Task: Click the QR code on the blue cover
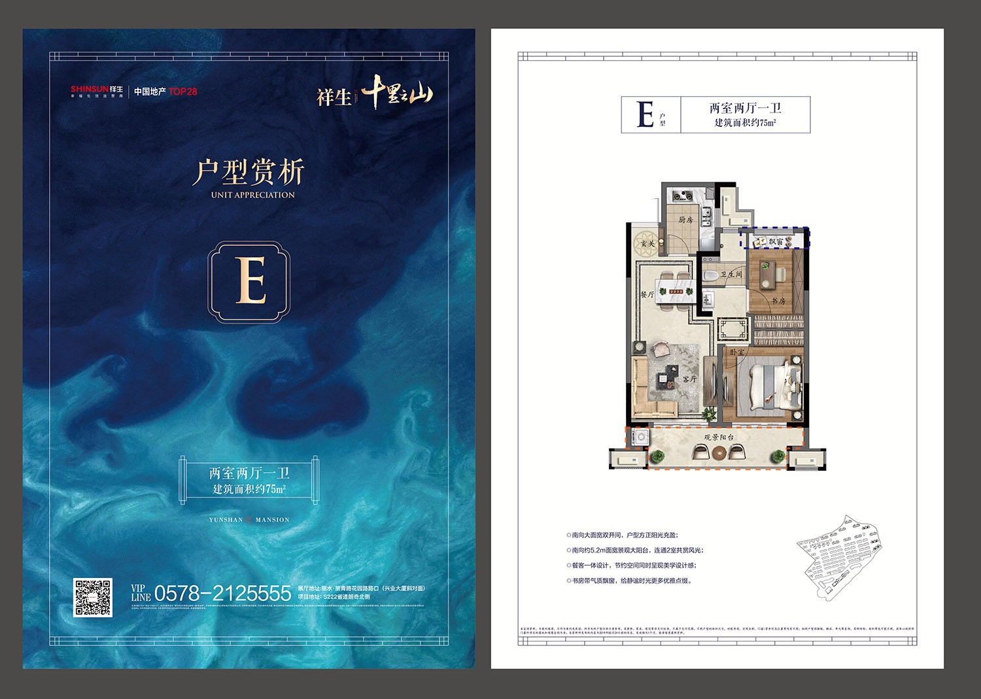point(92,597)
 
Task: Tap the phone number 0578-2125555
point(222,594)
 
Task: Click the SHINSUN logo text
point(90,89)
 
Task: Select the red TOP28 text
point(182,92)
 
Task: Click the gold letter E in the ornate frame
point(249,281)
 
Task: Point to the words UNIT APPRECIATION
point(252,195)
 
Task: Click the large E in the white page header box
point(645,114)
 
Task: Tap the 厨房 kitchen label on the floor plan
point(685,220)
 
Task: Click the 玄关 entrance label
point(647,244)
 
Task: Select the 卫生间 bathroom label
point(731,275)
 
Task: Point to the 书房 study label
point(778,301)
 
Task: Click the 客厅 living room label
point(689,379)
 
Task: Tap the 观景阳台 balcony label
point(718,437)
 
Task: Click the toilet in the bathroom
point(710,275)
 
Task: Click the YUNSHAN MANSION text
point(249,520)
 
